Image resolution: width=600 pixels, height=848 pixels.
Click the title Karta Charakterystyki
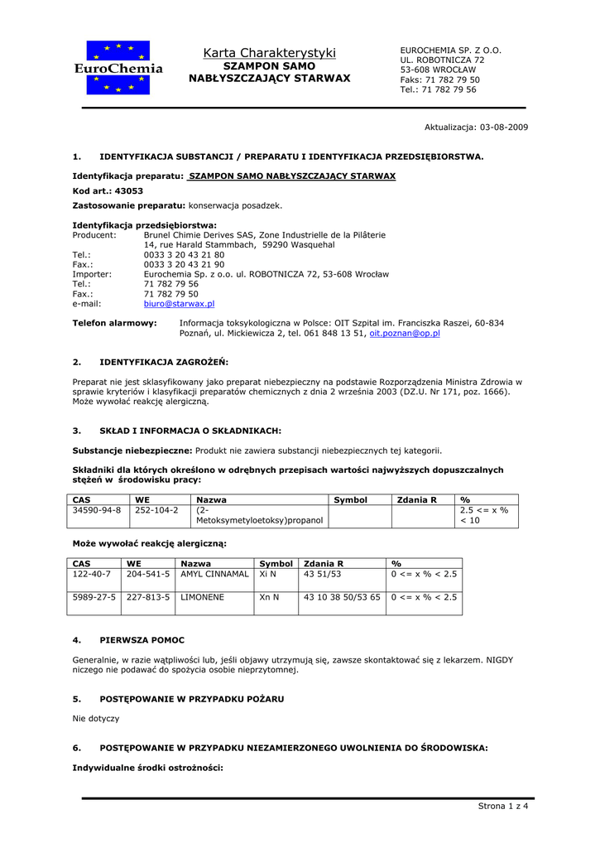pyautogui.click(x=270, y=53)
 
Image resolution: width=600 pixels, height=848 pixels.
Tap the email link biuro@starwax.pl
pyautogui.click(x=179, y=304)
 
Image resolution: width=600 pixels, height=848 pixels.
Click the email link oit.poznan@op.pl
pyautogui.click(x=404, y=333)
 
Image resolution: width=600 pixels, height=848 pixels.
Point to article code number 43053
pyautogui.click(x=128, y=190)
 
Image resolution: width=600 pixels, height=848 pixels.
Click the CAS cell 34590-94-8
pyautogui.click(x=97, y=511)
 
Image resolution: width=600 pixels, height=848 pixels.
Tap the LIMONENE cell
pyautogui.click(x=201, y=596)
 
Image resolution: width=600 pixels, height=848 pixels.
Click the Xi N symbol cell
pyautogui.click(x=268, y=573)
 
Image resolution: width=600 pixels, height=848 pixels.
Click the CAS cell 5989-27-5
pyautogui.click(x=94, y=596)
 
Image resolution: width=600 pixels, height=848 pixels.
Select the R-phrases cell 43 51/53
pyautogui.click(x=323, y=573)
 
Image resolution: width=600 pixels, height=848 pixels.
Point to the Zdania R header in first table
pyautogui.click(x=417, y=500)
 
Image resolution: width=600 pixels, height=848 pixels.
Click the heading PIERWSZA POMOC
pyautogui.click(x=142, y=640)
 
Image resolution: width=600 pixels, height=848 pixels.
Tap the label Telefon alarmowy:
pyautogui.click(x=114, y=323)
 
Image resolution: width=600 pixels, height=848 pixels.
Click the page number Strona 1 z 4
pyautogui.click(x=503, y=807)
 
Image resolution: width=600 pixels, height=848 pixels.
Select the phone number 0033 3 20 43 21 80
pyautogui.click(x=184, y=255)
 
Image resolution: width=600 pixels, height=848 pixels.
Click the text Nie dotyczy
pyautogui.click(x=96, y=719)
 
